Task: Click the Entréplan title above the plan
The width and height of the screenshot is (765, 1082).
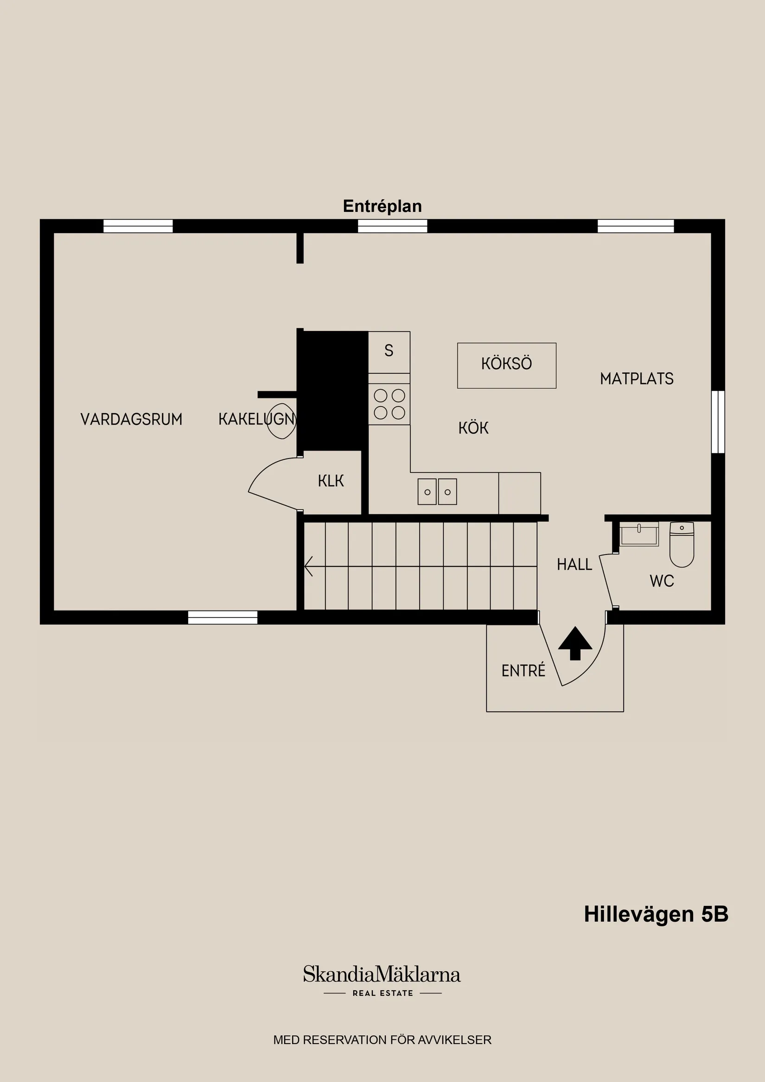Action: (x=382, y=206)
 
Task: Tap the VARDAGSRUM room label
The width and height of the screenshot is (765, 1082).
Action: (x=131, y=419)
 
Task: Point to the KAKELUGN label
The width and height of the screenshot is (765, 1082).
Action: (x=256, y=419)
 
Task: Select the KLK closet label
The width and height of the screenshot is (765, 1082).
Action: (x=331, y=481)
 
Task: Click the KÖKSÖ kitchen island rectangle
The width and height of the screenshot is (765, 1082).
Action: (x=506, y=365)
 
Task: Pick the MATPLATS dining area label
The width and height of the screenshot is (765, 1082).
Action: (x=636, y=378)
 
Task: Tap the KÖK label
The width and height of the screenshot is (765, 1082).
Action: (x=473, y=428)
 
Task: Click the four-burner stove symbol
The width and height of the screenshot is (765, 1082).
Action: (x=389, y=404)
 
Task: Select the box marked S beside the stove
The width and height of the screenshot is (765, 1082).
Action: (x=389, y=351)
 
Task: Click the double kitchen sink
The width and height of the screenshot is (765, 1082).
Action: (x=437, y=491)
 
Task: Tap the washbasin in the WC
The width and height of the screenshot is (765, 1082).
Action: (x=639, y=534)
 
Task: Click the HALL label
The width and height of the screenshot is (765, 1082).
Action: (x=574, y=564)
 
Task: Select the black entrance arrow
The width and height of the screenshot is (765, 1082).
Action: (x=575, y=643)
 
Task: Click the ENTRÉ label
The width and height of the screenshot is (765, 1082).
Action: (x=523, y=670)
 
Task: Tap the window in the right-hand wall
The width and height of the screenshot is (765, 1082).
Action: (x=717, y=421)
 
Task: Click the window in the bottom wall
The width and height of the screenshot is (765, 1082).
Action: (x=223, y=617)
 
